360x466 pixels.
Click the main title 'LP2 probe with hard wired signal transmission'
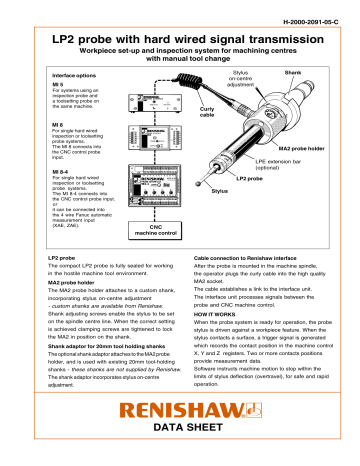(181, 39)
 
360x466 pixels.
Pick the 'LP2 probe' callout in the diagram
(250, 179)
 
